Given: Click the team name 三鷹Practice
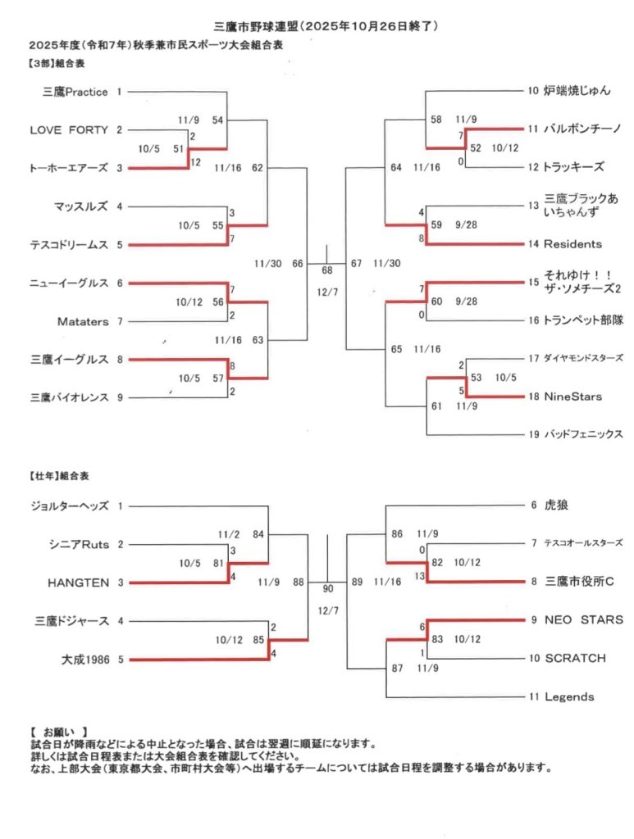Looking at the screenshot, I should click(x=75, y=92).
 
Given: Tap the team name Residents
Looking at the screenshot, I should click(x=572, y=244).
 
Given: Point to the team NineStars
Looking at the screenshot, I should click(x=572, y=397).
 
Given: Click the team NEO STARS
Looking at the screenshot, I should click(x=583, y=619).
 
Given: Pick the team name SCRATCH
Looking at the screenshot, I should click(x=575, y=658).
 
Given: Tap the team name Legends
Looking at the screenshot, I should click(x=569, y=697).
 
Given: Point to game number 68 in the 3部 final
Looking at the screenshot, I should click(x=327, y=270).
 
